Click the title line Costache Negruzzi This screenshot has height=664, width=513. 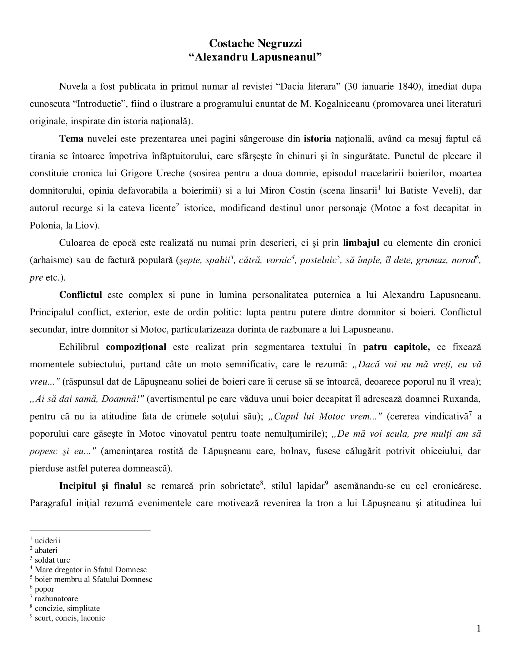[x=255, y=43]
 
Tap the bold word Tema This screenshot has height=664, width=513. [x=71, y=139]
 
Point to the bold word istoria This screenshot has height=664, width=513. [x=317, y=139]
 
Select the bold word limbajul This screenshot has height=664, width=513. [x=361, y=243]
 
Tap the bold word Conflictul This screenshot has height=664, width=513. [x=81, y=295]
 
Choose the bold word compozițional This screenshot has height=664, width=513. [x=136, y=347]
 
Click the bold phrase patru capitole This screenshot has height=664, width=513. [x=396, y=347]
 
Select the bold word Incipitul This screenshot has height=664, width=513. [x=78, y=486]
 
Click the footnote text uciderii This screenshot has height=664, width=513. [x=47, y=541]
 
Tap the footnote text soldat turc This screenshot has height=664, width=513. [x=52, y=560]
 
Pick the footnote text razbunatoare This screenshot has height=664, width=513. [x=56, y=599]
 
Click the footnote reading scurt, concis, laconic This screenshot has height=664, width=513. [x=70, y=618]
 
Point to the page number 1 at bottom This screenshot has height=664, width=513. [x=479, y=629]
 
